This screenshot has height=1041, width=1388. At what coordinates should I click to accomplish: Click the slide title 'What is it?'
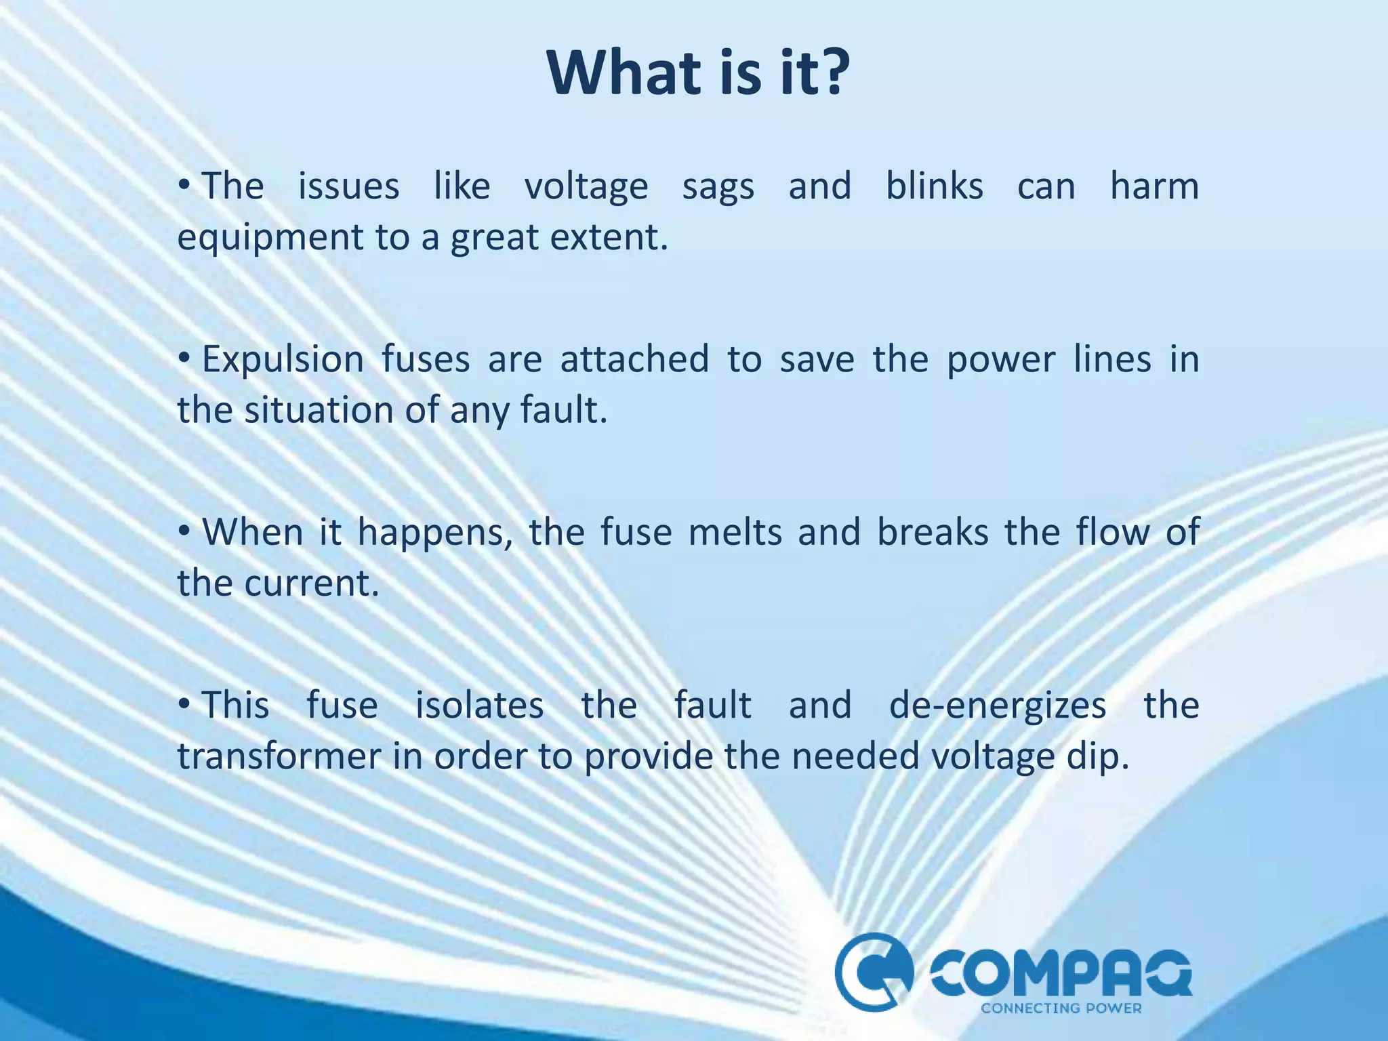click(698, 73)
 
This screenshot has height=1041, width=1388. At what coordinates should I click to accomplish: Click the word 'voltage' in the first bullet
click(586, 187)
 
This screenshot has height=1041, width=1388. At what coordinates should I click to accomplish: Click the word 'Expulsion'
click(283, 359)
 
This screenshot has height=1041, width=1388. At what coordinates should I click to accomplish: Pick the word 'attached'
click(634, 359)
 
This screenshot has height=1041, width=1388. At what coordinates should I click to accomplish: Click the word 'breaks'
click(933, 532)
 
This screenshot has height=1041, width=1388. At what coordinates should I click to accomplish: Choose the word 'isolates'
click(479, 705)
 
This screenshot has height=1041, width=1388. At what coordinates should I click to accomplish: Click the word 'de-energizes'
click(998, 706)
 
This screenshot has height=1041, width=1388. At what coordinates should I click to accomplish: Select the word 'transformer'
click(279, 756)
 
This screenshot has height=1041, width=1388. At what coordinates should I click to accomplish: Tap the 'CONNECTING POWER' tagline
click(1061, 1008)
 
